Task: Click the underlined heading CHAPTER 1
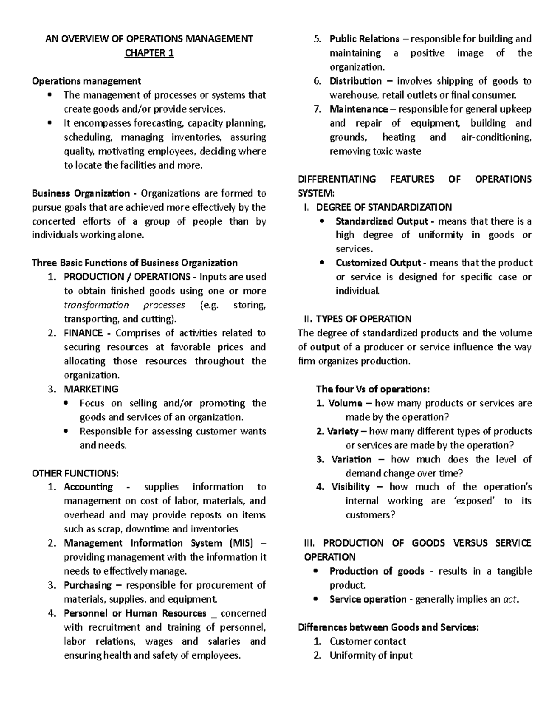coord(149,53)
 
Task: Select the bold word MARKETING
coord(91,389)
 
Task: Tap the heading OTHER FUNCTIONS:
coord(75,473)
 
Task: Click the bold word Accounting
coord(89,487)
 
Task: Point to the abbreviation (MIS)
coord(242,543)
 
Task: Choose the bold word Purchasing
coord(88,585)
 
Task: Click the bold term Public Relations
coord(364,39)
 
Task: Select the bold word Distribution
coord(355,81)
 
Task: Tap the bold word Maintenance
coord(358,109)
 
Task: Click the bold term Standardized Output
coord(381,221)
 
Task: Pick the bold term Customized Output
coord(378,263)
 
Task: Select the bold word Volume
coord(345,403)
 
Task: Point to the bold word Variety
coord(343,431)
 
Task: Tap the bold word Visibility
coord(350,487)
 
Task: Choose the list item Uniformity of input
coord(371,655)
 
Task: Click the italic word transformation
coord(96,305)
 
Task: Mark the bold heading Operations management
coord(86,81)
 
